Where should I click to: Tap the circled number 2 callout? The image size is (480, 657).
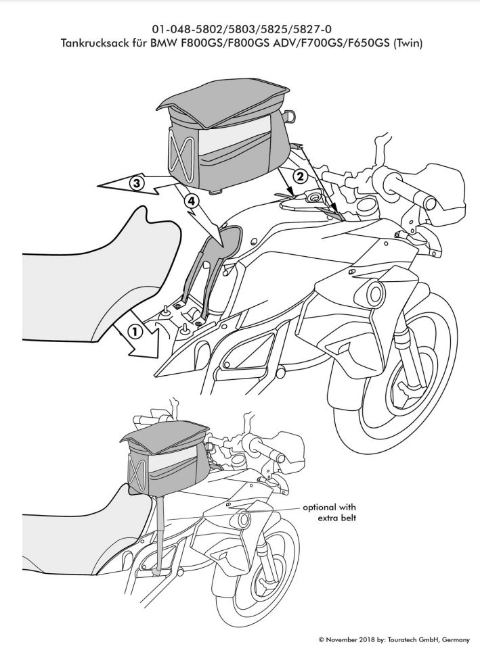300,176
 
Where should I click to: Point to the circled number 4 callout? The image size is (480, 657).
190,202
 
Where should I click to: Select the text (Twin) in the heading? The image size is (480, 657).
407,43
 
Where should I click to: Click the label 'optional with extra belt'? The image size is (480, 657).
329,512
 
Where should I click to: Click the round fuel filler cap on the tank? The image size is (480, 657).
313,197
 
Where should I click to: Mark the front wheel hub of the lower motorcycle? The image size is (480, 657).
262,583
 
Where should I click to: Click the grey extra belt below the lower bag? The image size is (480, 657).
160,533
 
